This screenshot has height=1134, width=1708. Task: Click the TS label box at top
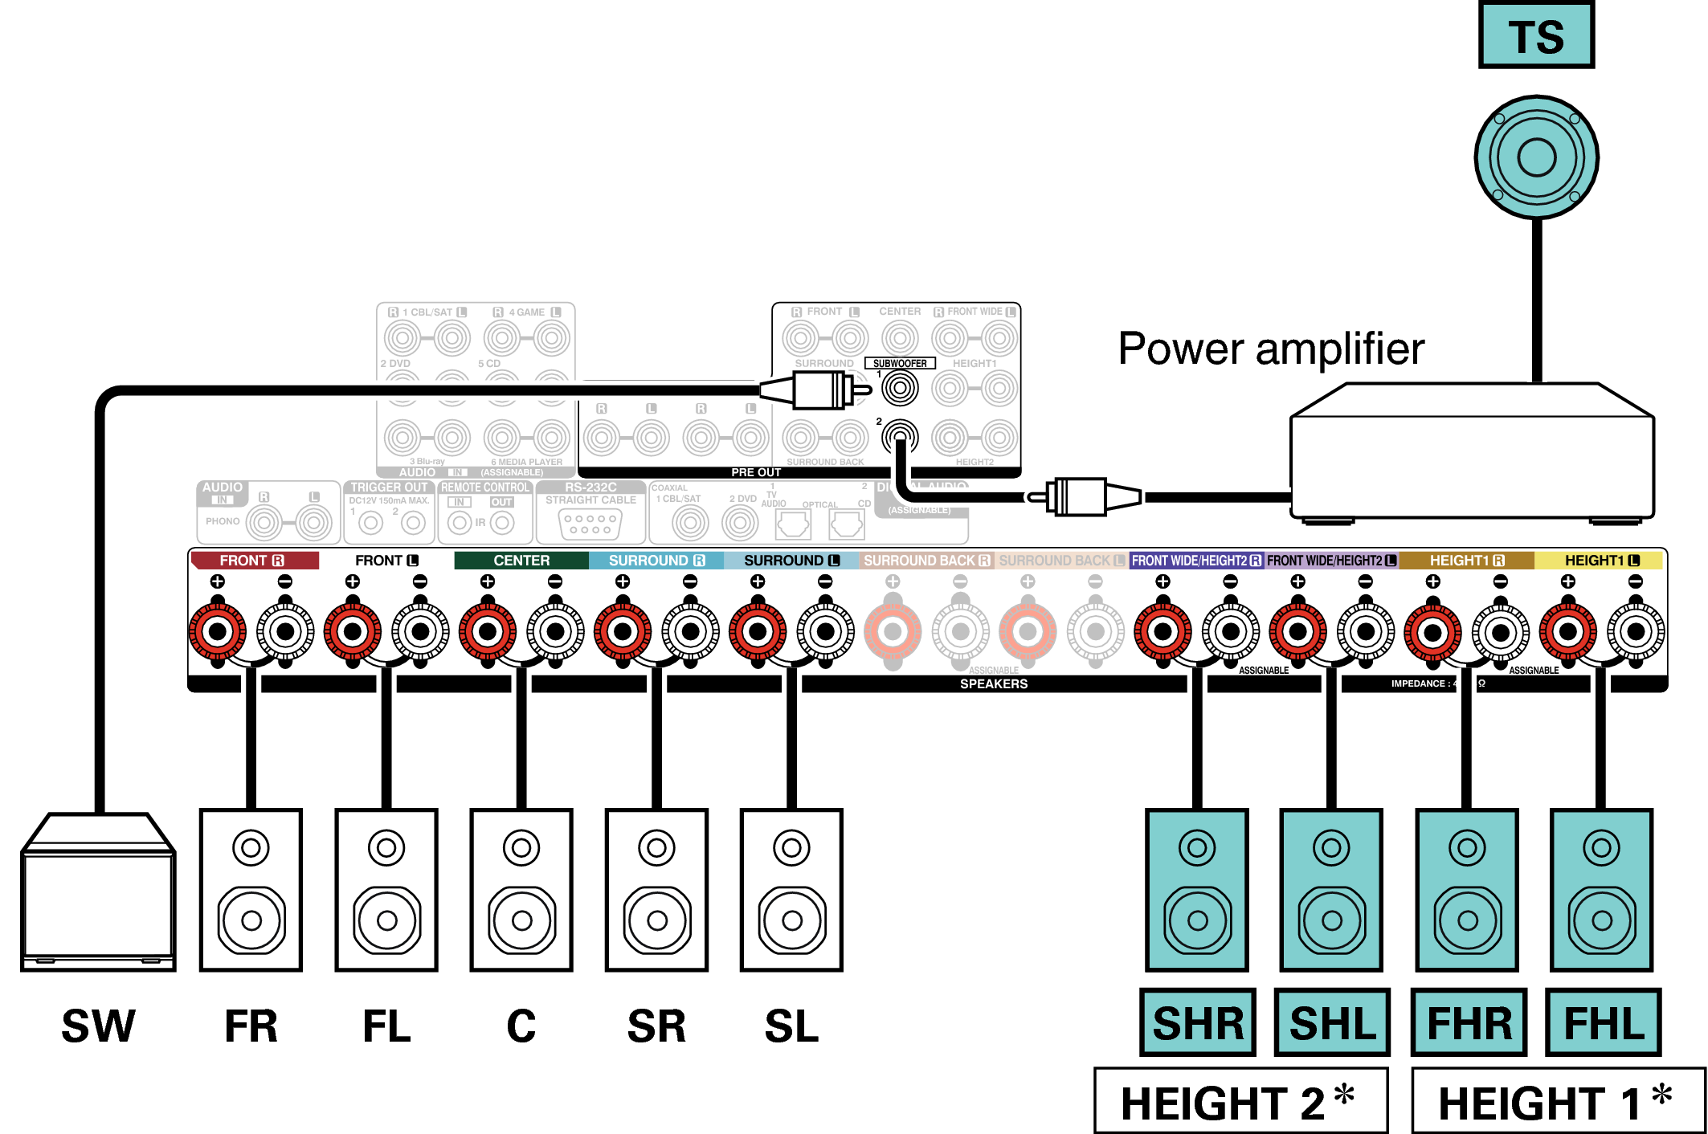click(x=1536, y=35)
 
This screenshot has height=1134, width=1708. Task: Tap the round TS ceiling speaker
click(x=1536, y=157)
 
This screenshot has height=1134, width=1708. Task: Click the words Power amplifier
click(x=1271, y=349)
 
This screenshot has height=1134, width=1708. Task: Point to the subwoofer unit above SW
click(x=98, y=893)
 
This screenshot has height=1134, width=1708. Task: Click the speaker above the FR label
click(x=251, y=890)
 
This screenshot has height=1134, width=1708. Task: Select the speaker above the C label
click(x=521, y=890)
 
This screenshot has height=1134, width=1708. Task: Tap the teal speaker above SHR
click(x=1197, y=890)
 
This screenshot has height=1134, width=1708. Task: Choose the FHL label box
click(x=1604, y=1023)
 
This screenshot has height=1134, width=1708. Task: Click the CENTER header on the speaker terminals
click(x=521, y=561)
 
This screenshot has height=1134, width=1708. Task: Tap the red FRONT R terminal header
click(x=254, y=561)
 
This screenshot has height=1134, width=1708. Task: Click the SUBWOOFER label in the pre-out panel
click(x=900, y=364)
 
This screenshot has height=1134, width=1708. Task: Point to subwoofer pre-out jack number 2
click(x=900, y=438)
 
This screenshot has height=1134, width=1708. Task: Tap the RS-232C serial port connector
click(x=590, y=524)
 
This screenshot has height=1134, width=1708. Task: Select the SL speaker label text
click(x=791, y=1026)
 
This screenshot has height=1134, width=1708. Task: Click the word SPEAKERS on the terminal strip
click(x=994, y=684)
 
